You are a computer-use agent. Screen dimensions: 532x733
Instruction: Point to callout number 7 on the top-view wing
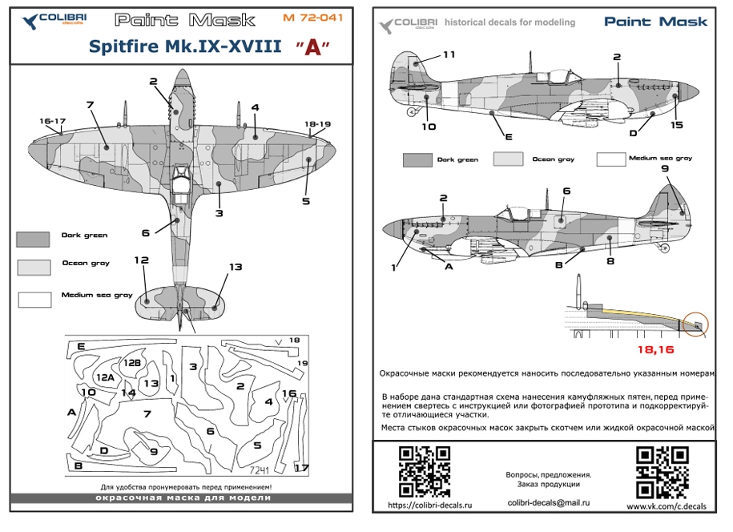[x=90, y=105]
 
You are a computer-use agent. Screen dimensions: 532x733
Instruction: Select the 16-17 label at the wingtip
[x=50, y=121]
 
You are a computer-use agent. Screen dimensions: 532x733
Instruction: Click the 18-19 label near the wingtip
[x=316, y=124]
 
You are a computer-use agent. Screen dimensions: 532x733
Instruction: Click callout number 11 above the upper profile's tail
[x=448, y=54]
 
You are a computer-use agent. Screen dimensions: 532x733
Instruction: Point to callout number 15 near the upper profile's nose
[x=676, y=125]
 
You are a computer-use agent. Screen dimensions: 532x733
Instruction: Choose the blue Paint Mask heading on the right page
[x=656, y=22]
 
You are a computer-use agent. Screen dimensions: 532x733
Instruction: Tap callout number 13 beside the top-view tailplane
[x=235, y=267]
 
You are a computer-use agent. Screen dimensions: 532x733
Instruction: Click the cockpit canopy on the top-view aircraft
[x=181, y=187]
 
